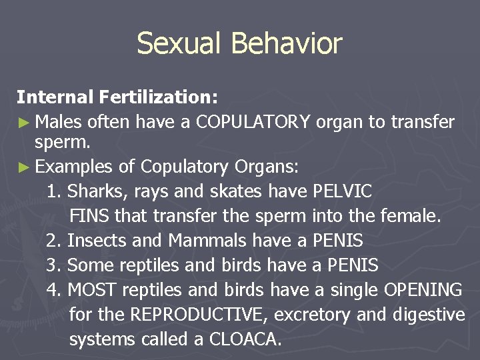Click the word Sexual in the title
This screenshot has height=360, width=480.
point(179,44)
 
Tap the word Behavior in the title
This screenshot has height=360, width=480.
point(287,44)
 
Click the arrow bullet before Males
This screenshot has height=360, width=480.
point(23,123)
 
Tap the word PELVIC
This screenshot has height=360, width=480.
point(341,191)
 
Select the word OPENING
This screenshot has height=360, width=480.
point(423,290)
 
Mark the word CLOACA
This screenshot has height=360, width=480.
point(245,339)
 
